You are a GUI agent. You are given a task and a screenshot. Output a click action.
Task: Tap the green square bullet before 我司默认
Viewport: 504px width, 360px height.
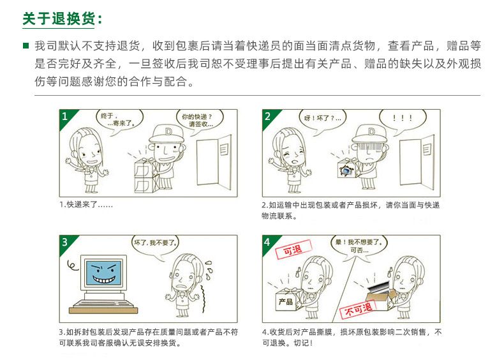(x=26, y=46)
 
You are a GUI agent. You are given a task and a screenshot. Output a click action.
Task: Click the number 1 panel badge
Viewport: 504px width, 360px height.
(x=65, y=116)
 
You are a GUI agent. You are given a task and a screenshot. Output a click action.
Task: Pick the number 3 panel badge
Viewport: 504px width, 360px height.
(x=65, y=242)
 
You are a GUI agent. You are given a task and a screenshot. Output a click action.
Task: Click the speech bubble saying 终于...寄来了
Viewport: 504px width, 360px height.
(x=119, y=119)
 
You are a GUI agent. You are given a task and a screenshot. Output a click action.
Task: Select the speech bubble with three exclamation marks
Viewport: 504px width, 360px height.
(x=403, y=119)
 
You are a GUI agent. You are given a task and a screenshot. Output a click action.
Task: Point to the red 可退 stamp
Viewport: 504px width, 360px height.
(x=293, y=249)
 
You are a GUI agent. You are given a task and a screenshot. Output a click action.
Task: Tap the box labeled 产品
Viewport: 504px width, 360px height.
(x=286, y=300)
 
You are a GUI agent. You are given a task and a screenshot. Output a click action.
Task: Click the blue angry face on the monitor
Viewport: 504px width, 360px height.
(x=103, y=273)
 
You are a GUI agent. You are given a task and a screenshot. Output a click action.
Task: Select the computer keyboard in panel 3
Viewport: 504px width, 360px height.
(x=103, y=306)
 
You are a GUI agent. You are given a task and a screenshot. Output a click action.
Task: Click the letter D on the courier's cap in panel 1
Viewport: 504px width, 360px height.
(x=168, y=131)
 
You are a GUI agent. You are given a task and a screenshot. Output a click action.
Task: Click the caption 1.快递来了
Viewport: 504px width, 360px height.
(x=86, y=205)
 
